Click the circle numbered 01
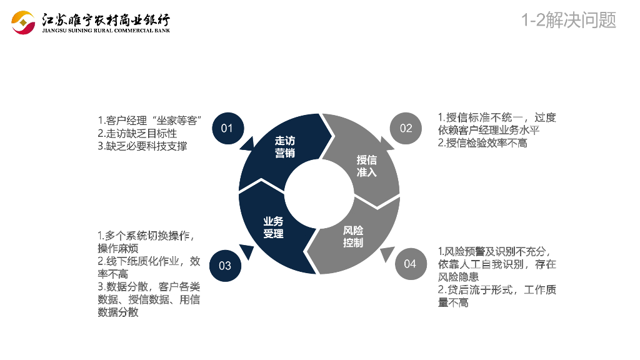coord(227,128)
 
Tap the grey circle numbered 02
coord(406,128)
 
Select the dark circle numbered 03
coord(225,265)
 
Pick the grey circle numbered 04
coord(410,264)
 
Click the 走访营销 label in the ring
coord(284,147)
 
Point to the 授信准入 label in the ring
coord(367,166)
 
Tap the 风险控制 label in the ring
coord(353,236)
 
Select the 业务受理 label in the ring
coord(273,227)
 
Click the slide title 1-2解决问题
coord(569,20)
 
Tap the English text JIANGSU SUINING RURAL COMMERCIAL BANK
coord(106,30)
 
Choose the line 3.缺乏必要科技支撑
coord(142,146)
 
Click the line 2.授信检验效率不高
coord(482,143)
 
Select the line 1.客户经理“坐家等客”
coord(149,120)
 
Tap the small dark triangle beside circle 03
coord(247,252)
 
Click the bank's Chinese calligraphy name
coord(106,19)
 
